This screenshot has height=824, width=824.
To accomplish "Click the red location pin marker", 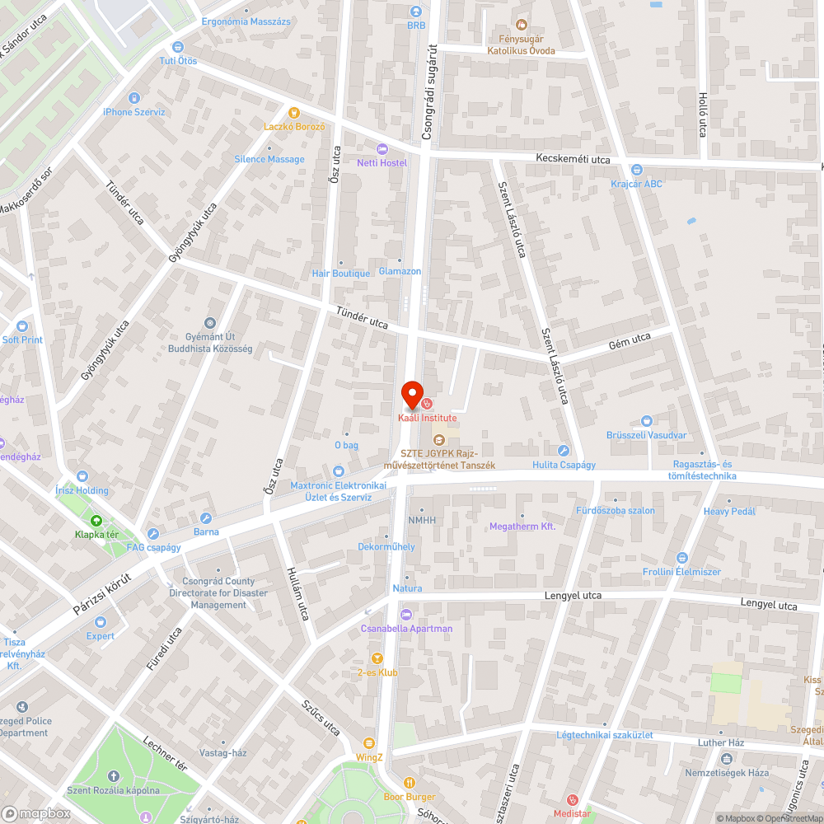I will click(411, 393).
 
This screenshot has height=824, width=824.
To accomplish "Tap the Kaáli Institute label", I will click(427, 419).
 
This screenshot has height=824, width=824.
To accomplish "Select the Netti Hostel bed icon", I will click(382, 148).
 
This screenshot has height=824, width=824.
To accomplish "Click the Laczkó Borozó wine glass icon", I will click(293, 113).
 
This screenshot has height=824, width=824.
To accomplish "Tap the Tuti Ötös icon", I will click(177, 47).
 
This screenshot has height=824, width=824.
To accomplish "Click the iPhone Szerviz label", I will click(134, 112).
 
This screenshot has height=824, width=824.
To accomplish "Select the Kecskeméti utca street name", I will click(573, 159).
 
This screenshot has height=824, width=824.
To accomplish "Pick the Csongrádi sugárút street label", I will click(428, 91).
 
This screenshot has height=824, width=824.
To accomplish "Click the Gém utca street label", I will click(630, 341).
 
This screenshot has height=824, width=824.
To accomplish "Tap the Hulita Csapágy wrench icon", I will click(564, 451).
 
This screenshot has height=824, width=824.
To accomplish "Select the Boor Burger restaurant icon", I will click(410, 783).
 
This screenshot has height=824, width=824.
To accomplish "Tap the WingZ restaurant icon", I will click(369, 742).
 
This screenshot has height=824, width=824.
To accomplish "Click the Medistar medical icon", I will click(574, 800).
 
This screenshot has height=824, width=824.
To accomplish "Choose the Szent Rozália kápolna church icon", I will click(113, 776).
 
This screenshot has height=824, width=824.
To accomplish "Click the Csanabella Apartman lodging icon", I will click(405, 615).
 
